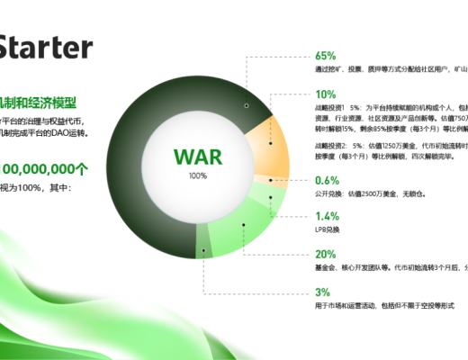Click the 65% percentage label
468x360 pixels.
(326, 56)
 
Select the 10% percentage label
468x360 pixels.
(326, 94)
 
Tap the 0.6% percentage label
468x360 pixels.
(328, 180)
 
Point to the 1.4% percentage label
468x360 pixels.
(328, 216)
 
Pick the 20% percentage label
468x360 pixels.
(326, 255)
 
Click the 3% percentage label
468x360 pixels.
(323, 292)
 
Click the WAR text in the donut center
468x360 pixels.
(196, 157)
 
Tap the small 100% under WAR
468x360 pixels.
(197, 175)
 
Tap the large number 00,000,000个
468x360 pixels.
(45, 168)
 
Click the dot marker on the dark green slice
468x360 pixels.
(246, 105)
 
